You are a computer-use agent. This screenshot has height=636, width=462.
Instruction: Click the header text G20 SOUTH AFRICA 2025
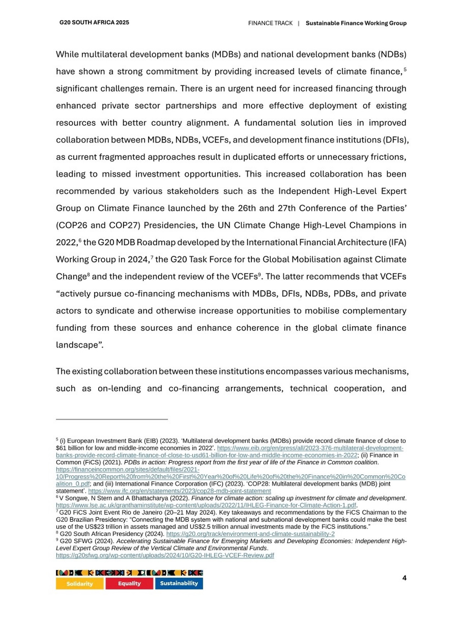[x=94, y=22]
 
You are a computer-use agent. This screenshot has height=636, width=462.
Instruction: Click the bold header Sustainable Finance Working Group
[x=356, y=23]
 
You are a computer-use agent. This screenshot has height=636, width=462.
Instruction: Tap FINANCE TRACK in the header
[x=270, y=23]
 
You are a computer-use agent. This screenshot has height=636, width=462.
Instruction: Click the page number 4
[x=404, y=578]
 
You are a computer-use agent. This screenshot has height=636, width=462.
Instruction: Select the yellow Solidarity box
[x=79, y=584]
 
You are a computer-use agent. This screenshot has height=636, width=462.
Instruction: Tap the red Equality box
[x=129, y=584]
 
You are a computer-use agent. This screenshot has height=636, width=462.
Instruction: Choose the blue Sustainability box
[x=179, y=584]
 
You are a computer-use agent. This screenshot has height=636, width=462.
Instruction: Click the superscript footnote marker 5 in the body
[x=405, y=69]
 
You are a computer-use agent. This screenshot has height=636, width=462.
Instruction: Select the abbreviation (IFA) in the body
[x=397, y=242]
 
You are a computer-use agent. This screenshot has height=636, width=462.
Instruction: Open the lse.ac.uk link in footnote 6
[x=206, y=505]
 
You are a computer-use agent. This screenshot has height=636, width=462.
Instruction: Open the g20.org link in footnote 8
[x=250, y=534]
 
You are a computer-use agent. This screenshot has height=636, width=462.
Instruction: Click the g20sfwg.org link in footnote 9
[x=165, y=555]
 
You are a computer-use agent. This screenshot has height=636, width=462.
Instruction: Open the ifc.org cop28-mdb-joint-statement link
[x=179, y=491]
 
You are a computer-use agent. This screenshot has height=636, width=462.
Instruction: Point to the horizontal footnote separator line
[x=112, y=419]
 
